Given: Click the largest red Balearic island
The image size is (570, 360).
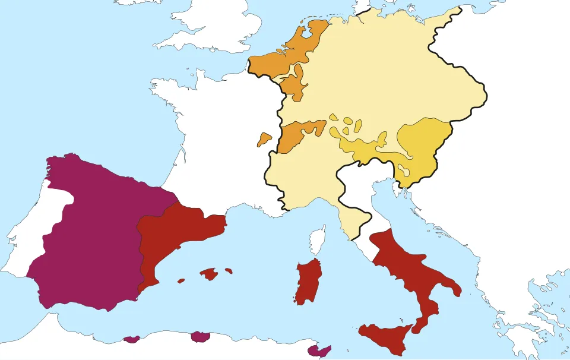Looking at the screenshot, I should [x=209, y=274].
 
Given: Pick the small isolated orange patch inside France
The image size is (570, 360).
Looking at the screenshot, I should [x=264, y=140].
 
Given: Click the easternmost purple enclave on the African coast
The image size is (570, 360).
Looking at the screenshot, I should [x=321, y=352].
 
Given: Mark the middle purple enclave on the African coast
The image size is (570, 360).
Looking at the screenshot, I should [x=201, y=337].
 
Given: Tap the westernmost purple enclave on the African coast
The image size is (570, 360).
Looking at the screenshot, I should [x=131, y=340].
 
